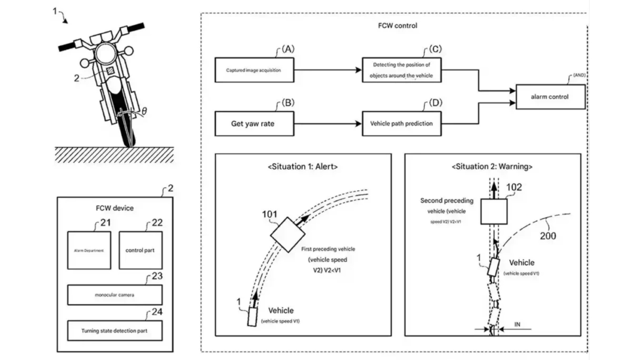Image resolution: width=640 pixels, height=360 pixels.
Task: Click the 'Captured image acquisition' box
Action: click(x=254, y=70)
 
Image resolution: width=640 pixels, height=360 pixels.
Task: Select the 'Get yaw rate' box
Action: click(x=254, y=124)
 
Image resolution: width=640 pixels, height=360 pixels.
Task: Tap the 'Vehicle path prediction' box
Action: click(x=402, y=124)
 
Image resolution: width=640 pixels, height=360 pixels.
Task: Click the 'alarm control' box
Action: click(x=550, y=97)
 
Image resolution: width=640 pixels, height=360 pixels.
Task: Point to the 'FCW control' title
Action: click(x=397, y=26)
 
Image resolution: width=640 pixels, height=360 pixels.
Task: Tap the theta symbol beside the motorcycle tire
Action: click(x=144, y=111)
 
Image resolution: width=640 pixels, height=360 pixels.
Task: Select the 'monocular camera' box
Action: click(x=115, y=295)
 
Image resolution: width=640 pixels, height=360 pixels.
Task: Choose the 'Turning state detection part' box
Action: click(x=115, y=331)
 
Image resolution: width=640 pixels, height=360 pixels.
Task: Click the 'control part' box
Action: click(x=140, y=250)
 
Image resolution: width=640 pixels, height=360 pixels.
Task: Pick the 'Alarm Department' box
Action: click(x=89, y=250)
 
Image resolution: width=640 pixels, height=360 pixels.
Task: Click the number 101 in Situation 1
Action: click(x=269, y=214)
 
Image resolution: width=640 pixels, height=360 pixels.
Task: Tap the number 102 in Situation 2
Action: click(x=514, y=187)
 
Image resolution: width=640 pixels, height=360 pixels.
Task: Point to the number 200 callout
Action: click(x=548, y=236)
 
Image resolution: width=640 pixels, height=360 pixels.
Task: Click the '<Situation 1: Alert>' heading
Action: click(x=303, y=167)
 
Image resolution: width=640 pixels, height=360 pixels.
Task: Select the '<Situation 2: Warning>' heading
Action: click(x=492, y=167)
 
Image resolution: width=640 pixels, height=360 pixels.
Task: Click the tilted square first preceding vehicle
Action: click(x=287, y=234)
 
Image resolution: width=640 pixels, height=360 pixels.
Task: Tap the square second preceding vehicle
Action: click(x=494, y=212)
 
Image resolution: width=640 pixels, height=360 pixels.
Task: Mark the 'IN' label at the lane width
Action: click(x=517, y=324)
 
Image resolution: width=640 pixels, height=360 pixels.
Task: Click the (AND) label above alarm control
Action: click(x=579, y=75)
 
